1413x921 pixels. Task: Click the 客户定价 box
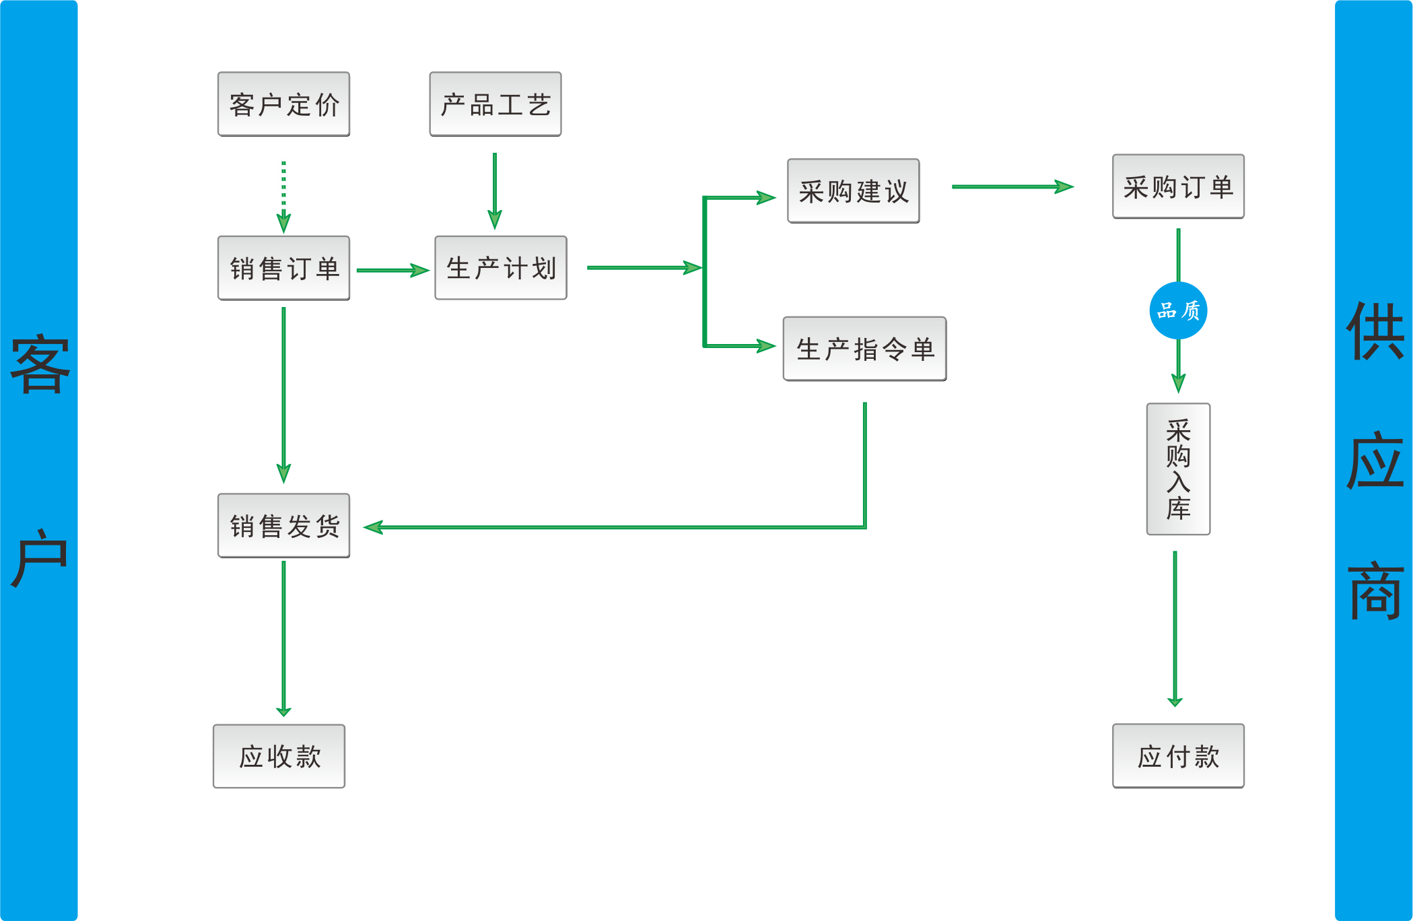(283, 104)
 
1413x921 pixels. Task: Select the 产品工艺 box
(495, 104)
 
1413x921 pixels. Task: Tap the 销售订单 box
(283, 268)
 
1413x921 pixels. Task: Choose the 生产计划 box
(501, 268)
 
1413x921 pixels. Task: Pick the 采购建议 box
(854, 191)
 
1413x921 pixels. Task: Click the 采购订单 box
(1178, 186)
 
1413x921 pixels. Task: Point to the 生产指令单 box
(864, 349)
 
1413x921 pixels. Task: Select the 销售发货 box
(283, 526)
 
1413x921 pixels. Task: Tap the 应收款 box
(279, 756)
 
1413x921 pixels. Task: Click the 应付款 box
(1178, 756)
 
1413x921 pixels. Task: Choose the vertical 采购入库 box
(1178, 469)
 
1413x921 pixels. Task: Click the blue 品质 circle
(1178, 310)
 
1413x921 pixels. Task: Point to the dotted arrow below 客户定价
(283, 195)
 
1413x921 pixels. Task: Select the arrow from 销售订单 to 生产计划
(392, 270)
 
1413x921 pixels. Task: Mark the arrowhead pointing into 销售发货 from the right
(374, 527)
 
